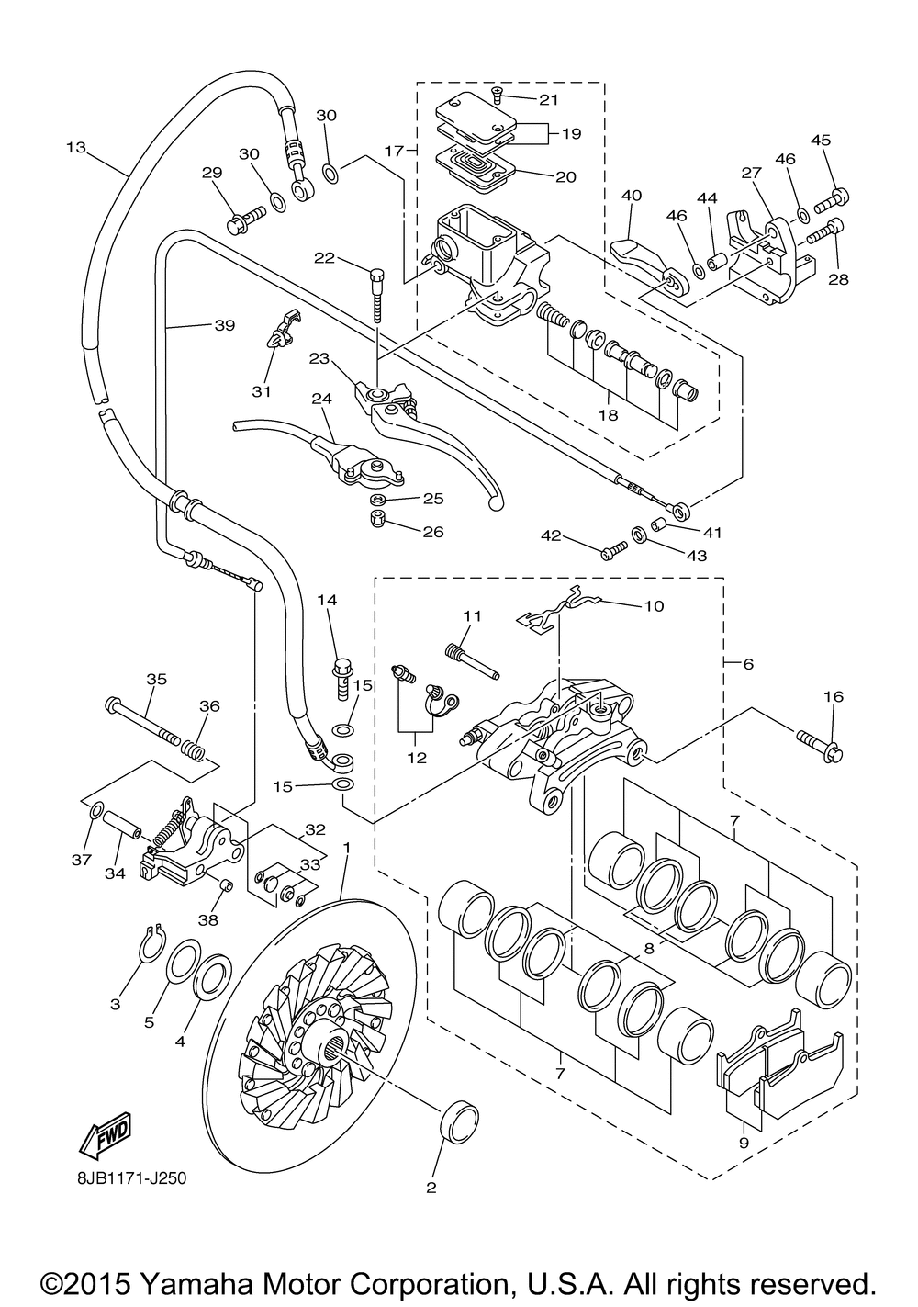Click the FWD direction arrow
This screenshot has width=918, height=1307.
pos(106,1134)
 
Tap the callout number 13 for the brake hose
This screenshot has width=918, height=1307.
pos(76,147)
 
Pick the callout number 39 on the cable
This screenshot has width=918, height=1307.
pos(224,325)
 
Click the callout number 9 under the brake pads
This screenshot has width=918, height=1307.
pos(743,1143)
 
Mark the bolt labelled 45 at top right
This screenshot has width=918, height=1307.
pos(837,196)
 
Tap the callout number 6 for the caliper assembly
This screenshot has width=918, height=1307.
pos(748,663)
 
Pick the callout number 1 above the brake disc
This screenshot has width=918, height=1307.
pos(347,843)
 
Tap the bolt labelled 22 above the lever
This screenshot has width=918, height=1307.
pos(375,294)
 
